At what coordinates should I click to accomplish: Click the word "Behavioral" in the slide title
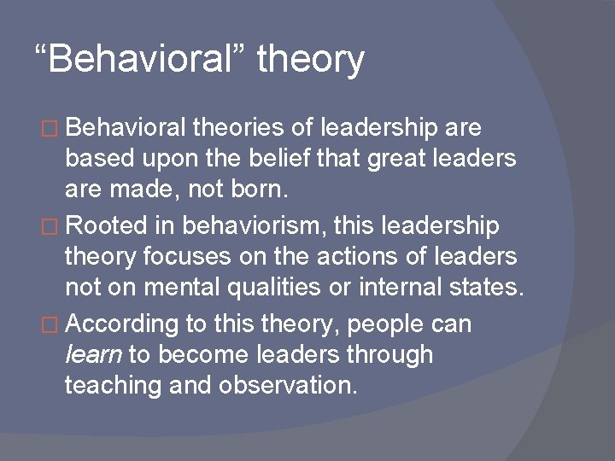point(149,59)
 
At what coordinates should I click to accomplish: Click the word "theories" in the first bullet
point(235,128)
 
